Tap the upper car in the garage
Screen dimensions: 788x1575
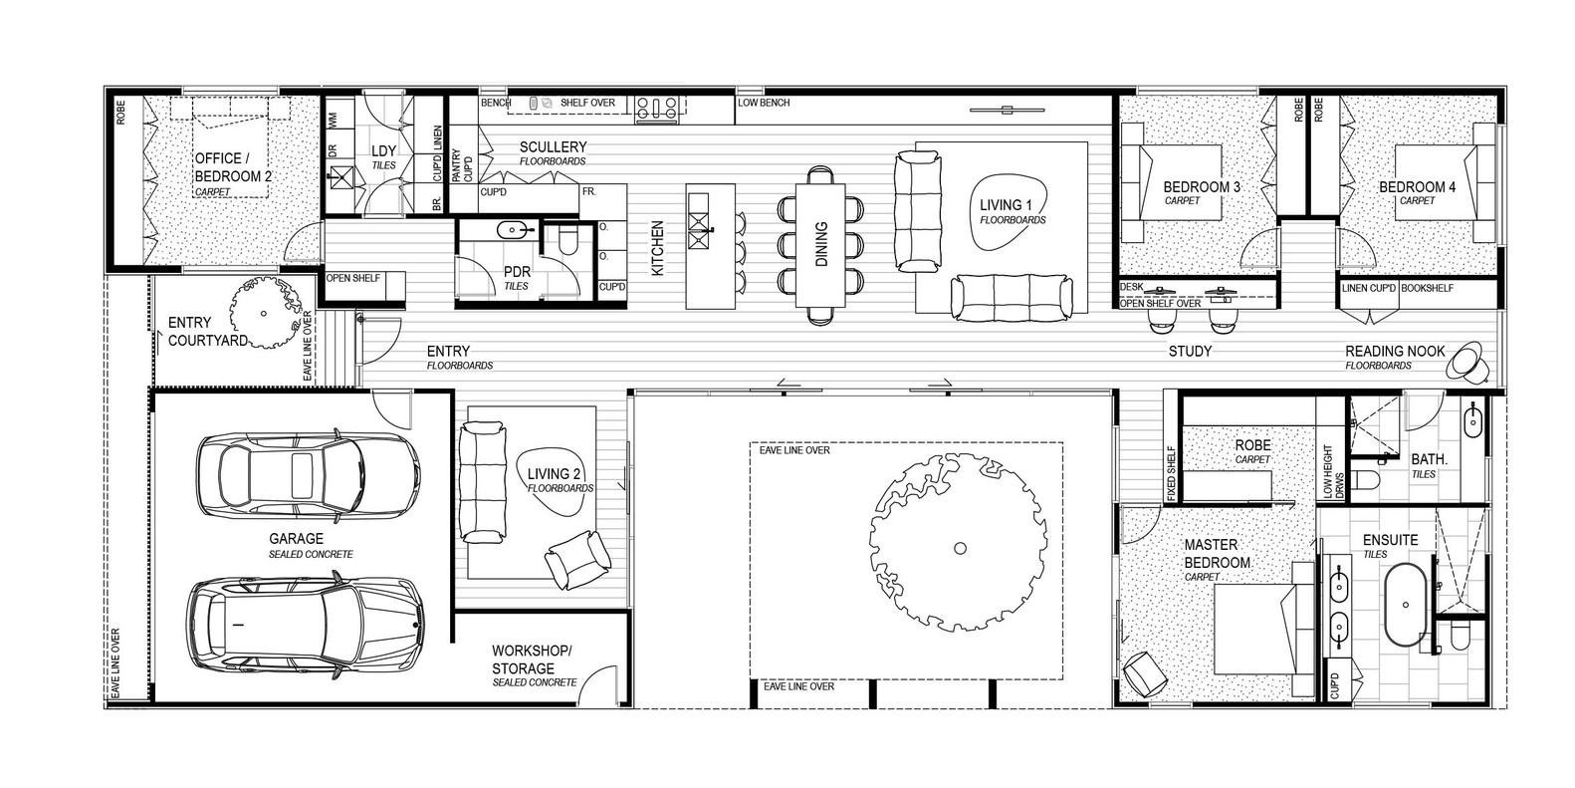(x=302, y=467)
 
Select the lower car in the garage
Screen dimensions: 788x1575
(x=306, y=623)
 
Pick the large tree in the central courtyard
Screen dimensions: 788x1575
(x=959, y=546)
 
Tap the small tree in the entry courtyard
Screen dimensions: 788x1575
(x=265, y=313)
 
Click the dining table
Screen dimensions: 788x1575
(x=820, y=245)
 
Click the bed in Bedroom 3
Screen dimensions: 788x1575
(x=1171, y=193)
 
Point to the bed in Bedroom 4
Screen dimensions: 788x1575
(x=1446, y=193)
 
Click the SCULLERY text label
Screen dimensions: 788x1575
(x=553, y=147)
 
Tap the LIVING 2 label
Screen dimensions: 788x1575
(x=555, y=474)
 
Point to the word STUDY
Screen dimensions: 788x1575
(x=1190, y=352)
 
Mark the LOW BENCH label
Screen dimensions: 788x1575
(x=764, y=104)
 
